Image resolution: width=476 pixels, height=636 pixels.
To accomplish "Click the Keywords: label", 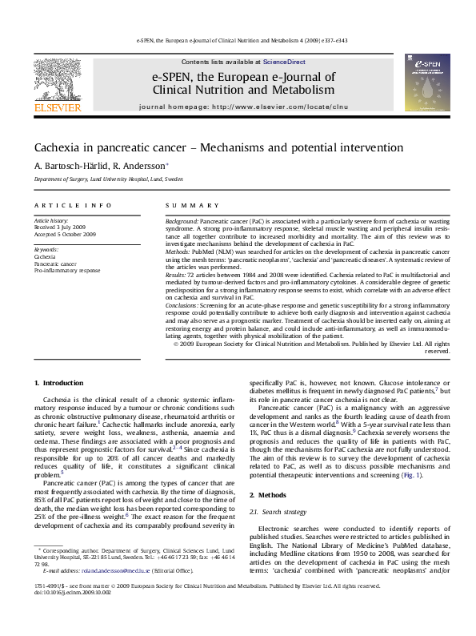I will point(46,249).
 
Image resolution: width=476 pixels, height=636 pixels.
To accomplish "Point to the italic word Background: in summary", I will point(182,219).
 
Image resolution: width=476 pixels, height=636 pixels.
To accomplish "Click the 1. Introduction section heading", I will point(61,384).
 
